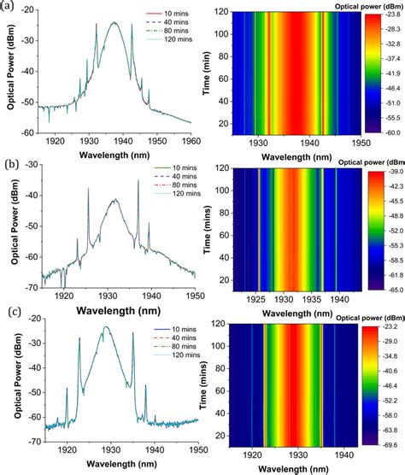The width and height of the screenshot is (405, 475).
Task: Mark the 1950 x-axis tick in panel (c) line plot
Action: point(196,449)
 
